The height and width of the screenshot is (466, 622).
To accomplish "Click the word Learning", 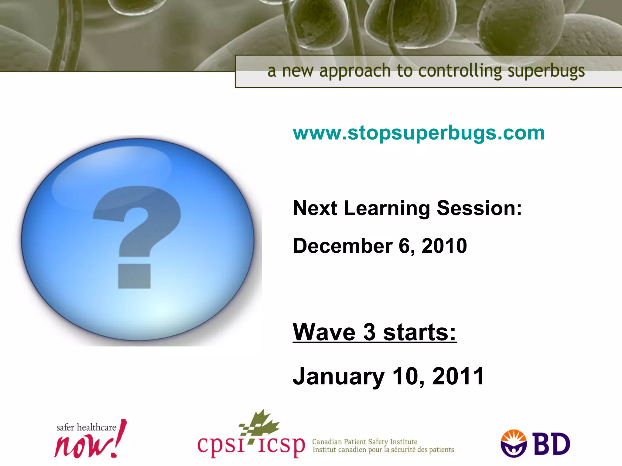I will coord(387,209).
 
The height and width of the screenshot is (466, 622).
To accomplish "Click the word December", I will coord(343,246).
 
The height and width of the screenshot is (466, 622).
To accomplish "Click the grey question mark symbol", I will coord(137,221).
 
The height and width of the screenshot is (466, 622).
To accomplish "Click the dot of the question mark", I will coord(134,276).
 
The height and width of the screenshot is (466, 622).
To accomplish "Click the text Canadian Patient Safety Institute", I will coord(364,442).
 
